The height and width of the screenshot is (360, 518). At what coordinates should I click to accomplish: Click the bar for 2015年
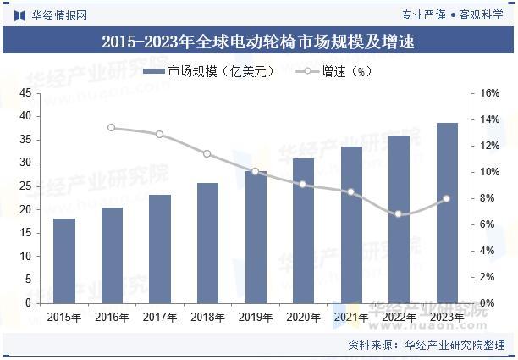point(64,260)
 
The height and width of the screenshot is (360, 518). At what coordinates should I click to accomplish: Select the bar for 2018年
point(207,242)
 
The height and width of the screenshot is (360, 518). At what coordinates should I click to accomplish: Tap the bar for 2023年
point(447,213)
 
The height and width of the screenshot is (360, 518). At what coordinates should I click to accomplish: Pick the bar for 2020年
point(303,230)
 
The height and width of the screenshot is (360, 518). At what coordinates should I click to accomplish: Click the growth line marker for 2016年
point(112,128)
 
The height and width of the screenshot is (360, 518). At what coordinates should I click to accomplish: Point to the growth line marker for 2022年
point(399,214)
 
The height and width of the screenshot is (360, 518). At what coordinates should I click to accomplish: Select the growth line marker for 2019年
point(255,171)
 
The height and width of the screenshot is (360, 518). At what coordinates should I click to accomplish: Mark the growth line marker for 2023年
point(447,199)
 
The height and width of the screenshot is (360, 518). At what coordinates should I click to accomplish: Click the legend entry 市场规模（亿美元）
point(208,72)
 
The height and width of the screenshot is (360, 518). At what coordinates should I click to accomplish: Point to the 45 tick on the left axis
point(25,92)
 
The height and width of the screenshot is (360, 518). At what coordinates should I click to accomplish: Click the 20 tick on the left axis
point(25,209)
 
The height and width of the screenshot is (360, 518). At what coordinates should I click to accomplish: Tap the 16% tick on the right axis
point(491,93)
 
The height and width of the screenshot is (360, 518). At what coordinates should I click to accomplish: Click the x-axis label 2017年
point(160,318)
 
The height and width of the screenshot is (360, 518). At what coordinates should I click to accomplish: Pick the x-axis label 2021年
point(351,318)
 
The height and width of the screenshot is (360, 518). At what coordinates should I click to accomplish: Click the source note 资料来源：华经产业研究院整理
point(427,345)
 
